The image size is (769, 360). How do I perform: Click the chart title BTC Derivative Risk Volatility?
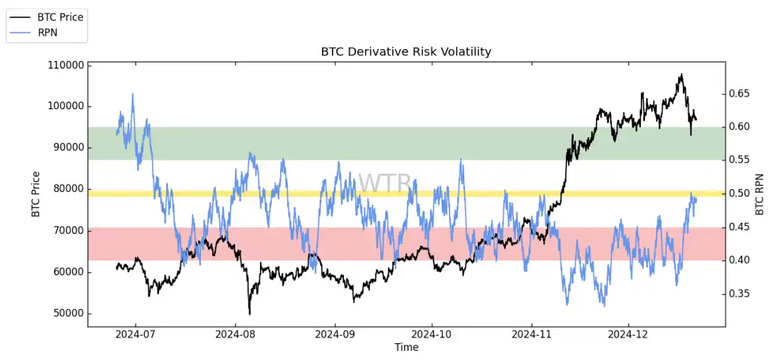(406, 52)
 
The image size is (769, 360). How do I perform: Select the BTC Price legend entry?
(60, 18)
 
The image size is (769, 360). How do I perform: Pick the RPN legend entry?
(48, 32)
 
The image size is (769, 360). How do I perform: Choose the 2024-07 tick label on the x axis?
(136, 335)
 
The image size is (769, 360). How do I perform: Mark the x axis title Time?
(406, 347)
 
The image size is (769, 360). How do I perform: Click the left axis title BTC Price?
(36, 194)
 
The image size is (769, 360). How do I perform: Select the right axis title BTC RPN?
(760, 194)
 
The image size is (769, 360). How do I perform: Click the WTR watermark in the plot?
(384, 184)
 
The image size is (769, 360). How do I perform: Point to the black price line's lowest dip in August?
(249, 313)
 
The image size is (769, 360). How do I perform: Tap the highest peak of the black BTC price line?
(681, 74)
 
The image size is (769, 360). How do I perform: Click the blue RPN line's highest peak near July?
(133, 94)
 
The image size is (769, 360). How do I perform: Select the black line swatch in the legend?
(22, 18)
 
